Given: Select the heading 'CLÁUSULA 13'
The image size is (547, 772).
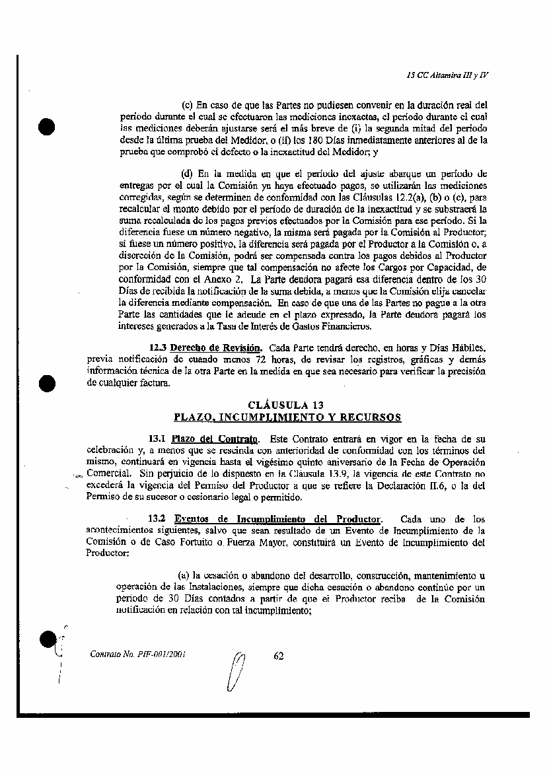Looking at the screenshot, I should pyautogui.click(x=285, y=405).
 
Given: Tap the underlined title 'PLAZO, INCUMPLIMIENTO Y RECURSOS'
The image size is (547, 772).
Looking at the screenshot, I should pyautogui.click(x=287, y=417).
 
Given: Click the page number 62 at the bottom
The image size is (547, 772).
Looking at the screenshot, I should pyautogui.click(x=278, y=656).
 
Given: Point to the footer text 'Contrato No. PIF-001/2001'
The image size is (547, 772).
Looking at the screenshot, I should pyautogui.click(x=137, y=656).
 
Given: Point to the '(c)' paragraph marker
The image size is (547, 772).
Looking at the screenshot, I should pyautogui.click(x=187, y=104).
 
